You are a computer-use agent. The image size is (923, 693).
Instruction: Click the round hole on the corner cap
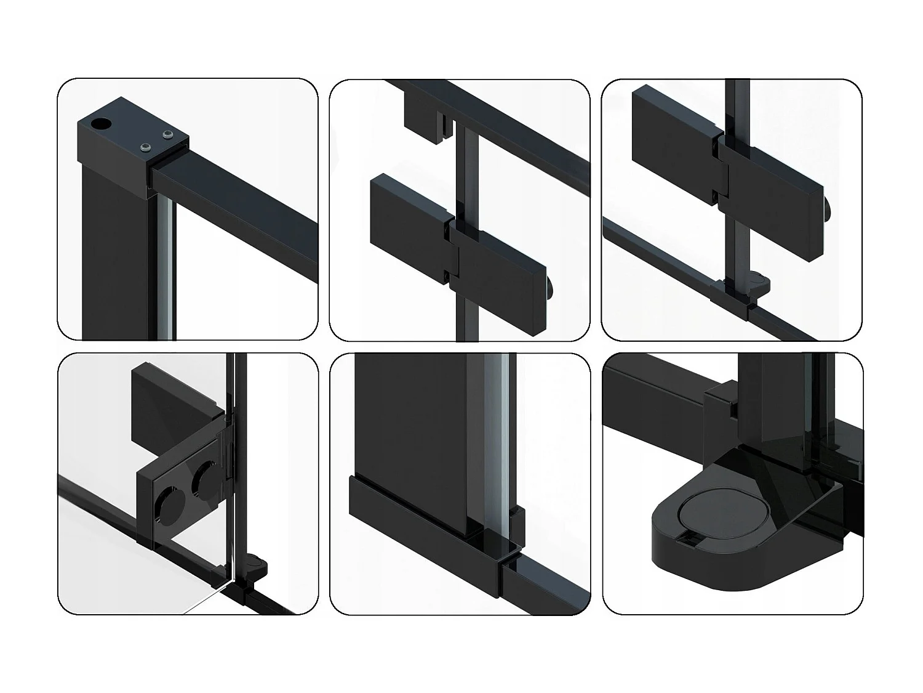98,124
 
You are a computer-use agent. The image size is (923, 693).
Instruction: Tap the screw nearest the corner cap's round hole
146,147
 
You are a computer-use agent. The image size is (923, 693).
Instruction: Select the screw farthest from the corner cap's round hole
167,134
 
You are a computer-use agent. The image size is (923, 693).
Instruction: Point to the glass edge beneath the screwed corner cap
166,265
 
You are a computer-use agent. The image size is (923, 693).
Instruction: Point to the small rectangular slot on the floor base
687,539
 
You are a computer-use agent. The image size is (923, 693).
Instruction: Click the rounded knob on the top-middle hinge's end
551,289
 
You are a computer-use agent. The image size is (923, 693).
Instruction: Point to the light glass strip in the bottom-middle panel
497,431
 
